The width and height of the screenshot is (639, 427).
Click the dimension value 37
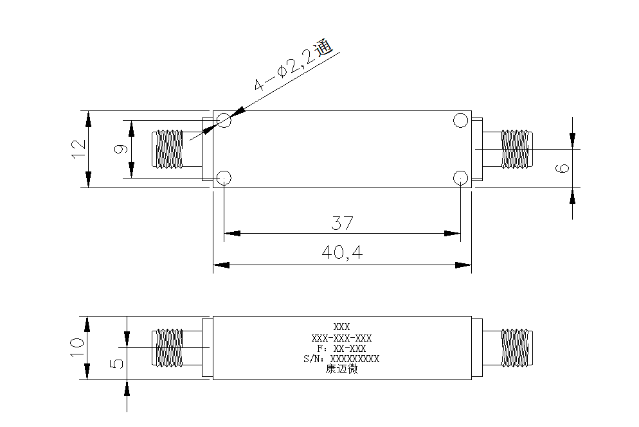[342, 223]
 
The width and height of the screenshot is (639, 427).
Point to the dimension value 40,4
[342, 253]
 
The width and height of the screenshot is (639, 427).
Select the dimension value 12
[78, 149]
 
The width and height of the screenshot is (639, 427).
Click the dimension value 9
[120, 149]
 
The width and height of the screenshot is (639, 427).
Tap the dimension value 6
[562, 168]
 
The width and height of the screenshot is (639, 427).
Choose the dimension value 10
[77, 347]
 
